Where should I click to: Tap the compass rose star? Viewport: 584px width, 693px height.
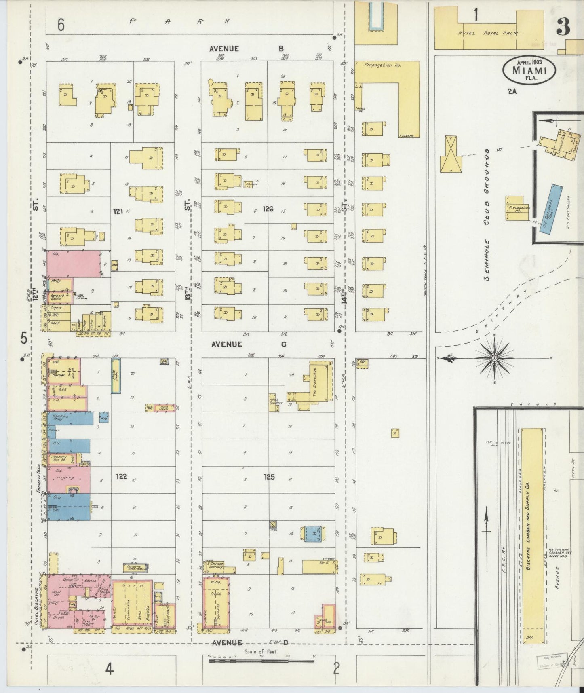tap(494, 359)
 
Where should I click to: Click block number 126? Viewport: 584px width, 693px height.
tap(268, 209)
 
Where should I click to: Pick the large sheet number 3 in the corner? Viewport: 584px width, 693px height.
tap(563, 26)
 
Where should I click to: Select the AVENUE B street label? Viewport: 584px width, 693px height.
tap(247, 49)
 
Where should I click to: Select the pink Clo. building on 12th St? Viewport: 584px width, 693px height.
tap(74, 264)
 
